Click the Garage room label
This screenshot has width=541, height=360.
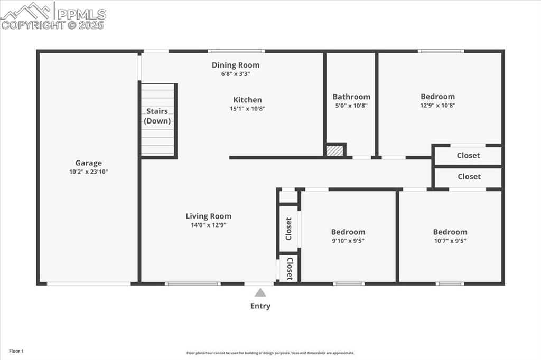coord(88,163)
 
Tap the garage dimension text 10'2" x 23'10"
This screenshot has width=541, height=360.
coord(88,172)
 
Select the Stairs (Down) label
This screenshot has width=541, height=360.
coord(157,116)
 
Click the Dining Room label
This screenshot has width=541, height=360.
coord(236,65)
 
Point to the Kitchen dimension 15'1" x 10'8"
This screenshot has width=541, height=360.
coord(247,109)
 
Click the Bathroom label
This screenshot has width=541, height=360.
coord(351,97)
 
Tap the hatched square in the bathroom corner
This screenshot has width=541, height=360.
coord(334,150)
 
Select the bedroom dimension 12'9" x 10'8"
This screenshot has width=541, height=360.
coord(437,105)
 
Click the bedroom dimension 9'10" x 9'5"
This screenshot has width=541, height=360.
coord(348,241)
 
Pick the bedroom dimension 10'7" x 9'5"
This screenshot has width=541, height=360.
coord(450,241)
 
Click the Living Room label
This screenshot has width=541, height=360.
coord(208,216)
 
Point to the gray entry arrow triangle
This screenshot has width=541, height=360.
coord(260,292)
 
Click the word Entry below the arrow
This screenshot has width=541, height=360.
coord(260,306)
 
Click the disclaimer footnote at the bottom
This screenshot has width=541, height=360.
coord(270,353)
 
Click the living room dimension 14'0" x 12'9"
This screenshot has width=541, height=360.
coord(208,225)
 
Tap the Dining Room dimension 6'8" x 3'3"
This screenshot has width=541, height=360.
coord(236,74)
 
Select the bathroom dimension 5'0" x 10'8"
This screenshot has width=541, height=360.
coord(351,106)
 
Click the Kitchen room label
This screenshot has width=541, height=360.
coord(247,100)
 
